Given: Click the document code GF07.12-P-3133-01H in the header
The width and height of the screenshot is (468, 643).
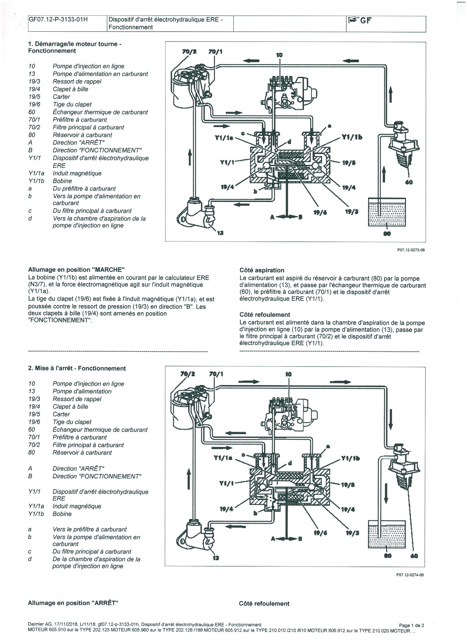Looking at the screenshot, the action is pos(58,20).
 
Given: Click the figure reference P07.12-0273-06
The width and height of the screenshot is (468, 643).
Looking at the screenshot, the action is pos(411,250).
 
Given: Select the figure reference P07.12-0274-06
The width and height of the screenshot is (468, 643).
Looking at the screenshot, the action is pos(410,575).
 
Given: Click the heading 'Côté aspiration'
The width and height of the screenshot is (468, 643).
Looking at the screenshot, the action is pos(262,270).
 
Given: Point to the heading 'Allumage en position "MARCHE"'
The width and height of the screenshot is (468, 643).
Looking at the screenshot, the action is pos(76,269).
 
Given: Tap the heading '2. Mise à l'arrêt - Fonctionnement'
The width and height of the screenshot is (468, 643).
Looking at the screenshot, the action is pos(77,368).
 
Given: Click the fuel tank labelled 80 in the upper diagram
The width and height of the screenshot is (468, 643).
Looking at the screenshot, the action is pos(387,212).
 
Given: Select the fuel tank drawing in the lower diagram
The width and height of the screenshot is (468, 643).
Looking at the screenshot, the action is pos(387,534).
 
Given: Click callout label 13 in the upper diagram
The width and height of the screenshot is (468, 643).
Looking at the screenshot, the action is pos(220,233).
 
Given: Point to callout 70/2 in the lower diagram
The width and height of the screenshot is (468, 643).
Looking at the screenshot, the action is pos(187,374).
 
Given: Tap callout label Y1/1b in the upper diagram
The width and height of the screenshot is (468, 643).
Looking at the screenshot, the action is pos(352,137).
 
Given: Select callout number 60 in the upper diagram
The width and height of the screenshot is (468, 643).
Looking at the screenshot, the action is pos(409,182).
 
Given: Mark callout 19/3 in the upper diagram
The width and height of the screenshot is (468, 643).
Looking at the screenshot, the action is pos(352,212).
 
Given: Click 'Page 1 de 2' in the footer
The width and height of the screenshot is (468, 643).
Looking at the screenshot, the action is pos(412,625).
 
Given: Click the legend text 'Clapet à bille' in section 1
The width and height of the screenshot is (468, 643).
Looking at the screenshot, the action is pos(70,89).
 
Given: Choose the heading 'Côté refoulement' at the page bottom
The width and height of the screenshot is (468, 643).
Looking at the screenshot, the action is pos(264,603).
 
